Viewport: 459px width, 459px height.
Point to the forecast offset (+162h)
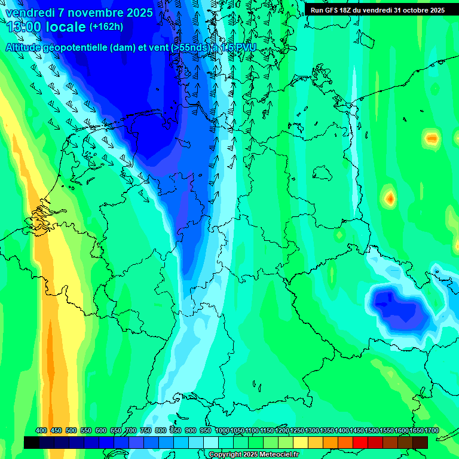click(106, 27)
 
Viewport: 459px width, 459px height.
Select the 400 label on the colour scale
click(41, 431)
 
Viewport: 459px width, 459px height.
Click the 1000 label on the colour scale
click(222, 431)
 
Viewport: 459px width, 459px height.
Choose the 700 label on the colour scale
click(131, 431)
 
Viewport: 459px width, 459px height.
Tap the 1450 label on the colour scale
click(357, 431)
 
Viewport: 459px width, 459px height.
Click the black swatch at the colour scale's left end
click(32, 442)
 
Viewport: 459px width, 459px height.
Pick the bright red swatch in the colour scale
click(360, 442)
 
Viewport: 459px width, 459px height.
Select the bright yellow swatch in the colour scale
click(301, 442)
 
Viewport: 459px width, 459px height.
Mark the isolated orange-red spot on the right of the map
click(390, 198)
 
